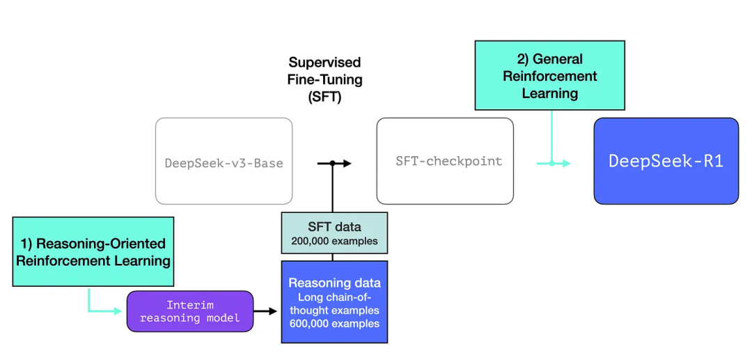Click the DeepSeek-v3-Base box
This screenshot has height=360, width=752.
click(224, 161)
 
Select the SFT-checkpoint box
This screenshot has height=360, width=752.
click(445, 161)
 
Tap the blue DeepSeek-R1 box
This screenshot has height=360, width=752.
click(666, 161)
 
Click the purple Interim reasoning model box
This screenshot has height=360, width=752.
click(190, 311)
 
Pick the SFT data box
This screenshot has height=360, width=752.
click(334, 233)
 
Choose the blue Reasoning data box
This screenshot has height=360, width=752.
click(334, 302)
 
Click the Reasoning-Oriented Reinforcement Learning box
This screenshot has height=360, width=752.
click(93, 251)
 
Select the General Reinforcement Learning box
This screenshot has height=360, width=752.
click(549, 75)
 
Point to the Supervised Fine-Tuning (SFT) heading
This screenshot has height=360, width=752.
click(325, 80)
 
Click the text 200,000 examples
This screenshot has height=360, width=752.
click(334, 241)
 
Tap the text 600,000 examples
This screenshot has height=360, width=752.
click(334, 324)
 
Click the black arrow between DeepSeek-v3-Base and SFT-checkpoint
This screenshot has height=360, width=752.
click(334, 164)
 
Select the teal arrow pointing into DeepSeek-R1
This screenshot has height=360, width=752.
click(554, 164)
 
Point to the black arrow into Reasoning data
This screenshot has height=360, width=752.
click(265, 311)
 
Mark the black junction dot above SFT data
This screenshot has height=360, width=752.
click(331, 164)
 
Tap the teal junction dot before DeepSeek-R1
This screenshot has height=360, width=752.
click(551, 164)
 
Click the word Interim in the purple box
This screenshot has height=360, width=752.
click(189, 306)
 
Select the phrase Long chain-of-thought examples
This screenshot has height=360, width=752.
click(334, 303)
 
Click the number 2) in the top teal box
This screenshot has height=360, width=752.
click(525, 59)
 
